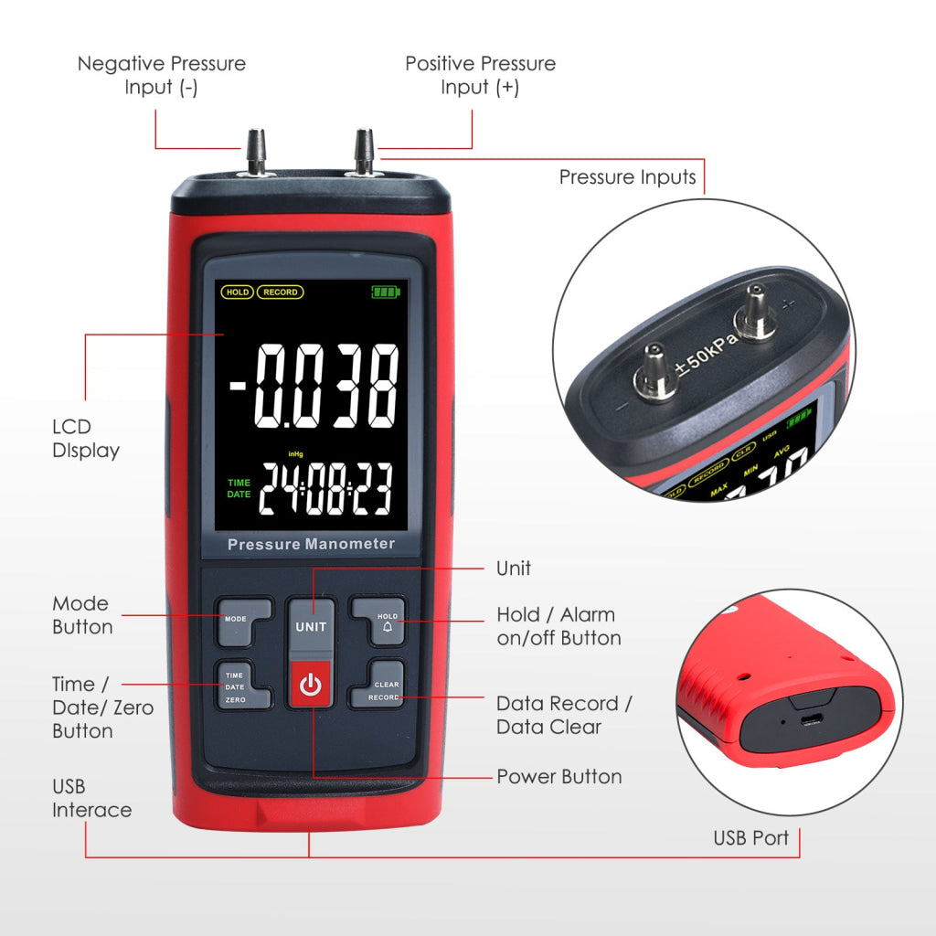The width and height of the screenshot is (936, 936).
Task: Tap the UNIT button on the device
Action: [x=310, y=627]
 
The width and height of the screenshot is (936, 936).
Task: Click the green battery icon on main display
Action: [x=386, y=292]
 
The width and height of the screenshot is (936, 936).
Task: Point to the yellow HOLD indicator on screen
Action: [x=237, y=292]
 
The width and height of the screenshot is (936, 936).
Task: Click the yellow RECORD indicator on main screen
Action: [x=280, y=292]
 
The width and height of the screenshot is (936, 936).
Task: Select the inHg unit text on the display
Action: [x=295, y=453]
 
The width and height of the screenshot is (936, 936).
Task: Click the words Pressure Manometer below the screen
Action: [x=311, y=545]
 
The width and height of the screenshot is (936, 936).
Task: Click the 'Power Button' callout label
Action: [x=558, y=777]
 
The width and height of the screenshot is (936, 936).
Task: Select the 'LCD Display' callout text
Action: [x=85, y=438]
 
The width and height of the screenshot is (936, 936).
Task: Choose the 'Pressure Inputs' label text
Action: [x=627, y=177]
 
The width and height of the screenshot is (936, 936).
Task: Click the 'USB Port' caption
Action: [x=750, y=837]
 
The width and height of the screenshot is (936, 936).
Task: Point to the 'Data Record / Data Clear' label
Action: [x=564, y=715]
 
